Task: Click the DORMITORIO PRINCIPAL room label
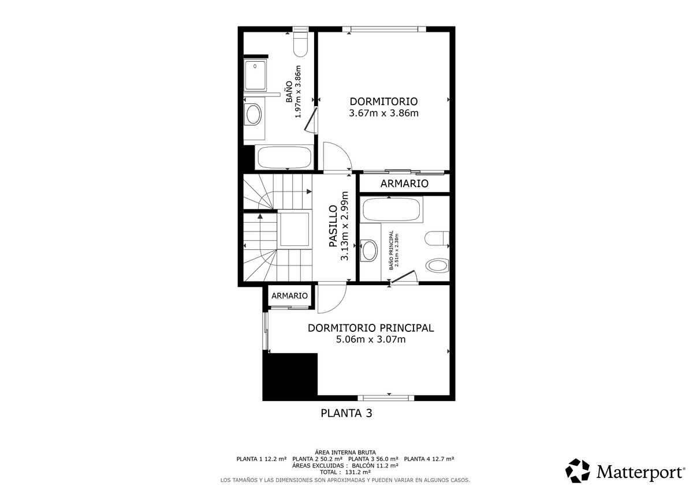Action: click(x=371, y=328)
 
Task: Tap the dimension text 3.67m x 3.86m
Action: click(x=383, y=113)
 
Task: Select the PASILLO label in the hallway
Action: click(x=333, y=226)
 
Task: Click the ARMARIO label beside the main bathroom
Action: click(x=404, y=184)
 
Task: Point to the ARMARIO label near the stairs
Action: click(x=289, y=296)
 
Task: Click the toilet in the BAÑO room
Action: click(x=300, y=44)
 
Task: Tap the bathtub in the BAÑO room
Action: click(x=285, y=157)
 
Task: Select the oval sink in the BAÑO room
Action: click(x=253, y=114)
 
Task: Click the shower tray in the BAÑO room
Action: click(x=255, y=76)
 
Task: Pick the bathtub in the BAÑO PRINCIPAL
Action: click(x=392, y=210)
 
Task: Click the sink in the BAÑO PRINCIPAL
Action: click(x=369, y=250)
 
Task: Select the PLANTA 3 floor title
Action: click(x=346, y=413)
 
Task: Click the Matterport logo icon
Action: click(x=577, y=471)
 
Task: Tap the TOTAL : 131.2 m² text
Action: click(x=345, y=472)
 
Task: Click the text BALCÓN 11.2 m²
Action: click(x=375, y=466)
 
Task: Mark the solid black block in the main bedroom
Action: click(x=290, y=376)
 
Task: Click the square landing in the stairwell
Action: click(x=295, y=229)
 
